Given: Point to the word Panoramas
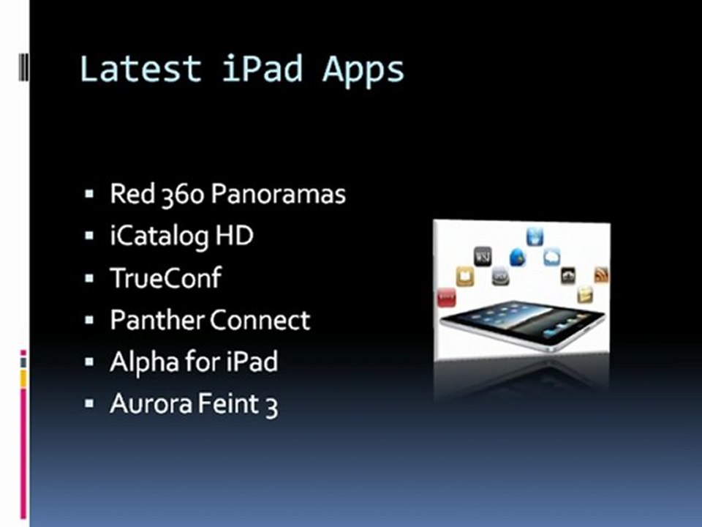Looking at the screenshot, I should [279, 195].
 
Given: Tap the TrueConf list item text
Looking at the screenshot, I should [165, 278].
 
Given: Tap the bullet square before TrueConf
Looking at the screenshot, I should [89, 279].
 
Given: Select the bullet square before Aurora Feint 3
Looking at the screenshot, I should [89, 404].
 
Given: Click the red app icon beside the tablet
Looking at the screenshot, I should [446, 296].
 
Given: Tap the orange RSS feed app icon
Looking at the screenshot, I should [601, 275].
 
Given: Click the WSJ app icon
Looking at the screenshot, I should [483, 255].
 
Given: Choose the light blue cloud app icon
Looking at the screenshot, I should [551, 257].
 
